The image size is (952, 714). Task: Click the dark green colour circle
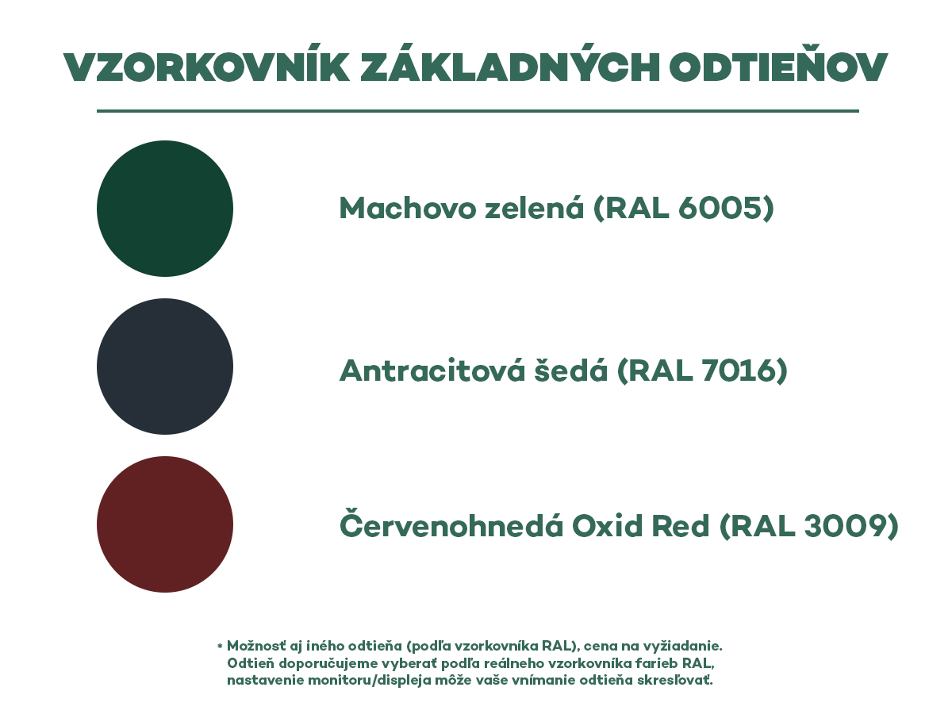pyautogui.click(x=165, y=209)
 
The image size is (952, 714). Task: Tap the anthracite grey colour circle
pyautogui.click(x=165, y=367)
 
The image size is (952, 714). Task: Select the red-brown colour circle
pyautogui.click(x=165, y=524)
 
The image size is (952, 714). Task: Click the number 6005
pyautogui.click(x=720, y=208)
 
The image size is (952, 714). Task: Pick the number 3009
pyautogui.click(x=846, y=526)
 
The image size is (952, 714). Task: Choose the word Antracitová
pyautogui.click(x=432, y=370)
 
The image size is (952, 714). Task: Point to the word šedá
pyautogui.click(x=570, y=370)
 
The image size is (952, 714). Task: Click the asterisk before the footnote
pyautogui.click(x=220, y=647)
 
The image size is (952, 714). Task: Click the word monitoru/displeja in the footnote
pyautogui.click(x=370, y=681)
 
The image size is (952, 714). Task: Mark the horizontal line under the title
pyautogui.click(x=478, y=111)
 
